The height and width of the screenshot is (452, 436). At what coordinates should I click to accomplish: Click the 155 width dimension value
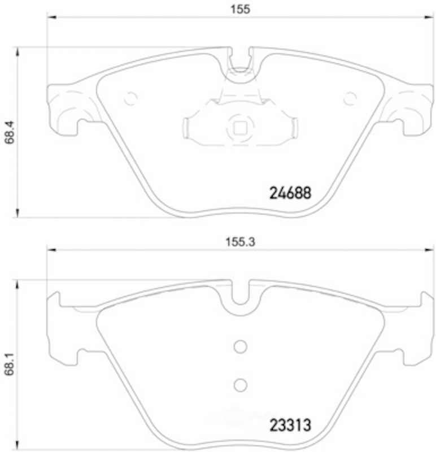pos(240,9)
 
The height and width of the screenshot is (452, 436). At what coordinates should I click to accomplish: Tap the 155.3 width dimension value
pos(240,242)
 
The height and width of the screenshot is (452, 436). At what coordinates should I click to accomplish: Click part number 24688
pos(290,193)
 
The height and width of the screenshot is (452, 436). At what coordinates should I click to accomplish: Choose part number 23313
pos(290,425)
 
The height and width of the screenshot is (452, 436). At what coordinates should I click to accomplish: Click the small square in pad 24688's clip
pos(240,128)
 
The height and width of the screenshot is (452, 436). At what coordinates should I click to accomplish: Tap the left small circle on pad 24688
pos(131,99)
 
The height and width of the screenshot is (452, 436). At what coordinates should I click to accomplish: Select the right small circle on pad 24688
pos(350,99)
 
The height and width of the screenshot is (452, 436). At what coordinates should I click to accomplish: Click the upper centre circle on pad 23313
pos(241,346)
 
